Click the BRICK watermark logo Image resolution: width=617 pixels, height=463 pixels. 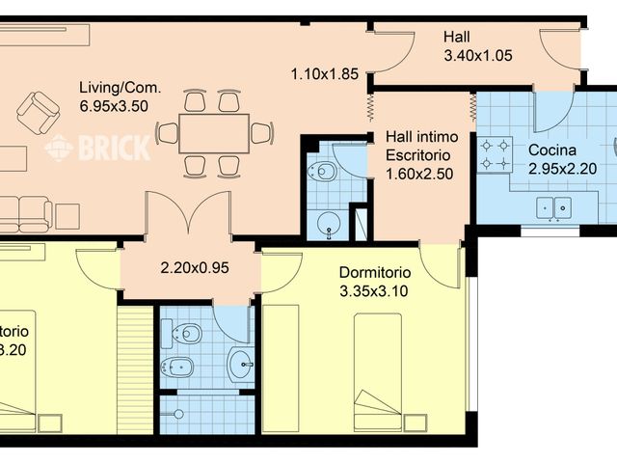97,148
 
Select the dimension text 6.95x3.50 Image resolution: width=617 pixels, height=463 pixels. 114,106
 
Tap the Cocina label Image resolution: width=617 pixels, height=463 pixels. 552,150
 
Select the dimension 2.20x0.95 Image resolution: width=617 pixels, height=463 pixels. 194,268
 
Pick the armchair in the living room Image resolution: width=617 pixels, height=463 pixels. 39,113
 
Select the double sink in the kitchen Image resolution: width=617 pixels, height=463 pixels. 554,206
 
